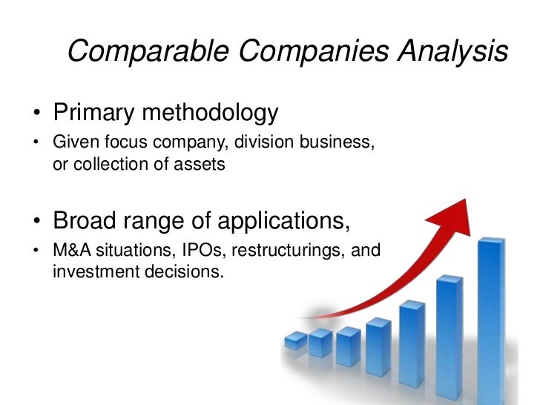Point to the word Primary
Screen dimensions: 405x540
[x=96, y=114]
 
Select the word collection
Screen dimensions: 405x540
[x=105, y=164]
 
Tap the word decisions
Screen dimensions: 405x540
[x=185, y=271]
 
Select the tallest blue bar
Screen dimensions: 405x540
[x=490, y=319]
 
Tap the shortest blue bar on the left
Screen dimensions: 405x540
[x=295, y=340]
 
